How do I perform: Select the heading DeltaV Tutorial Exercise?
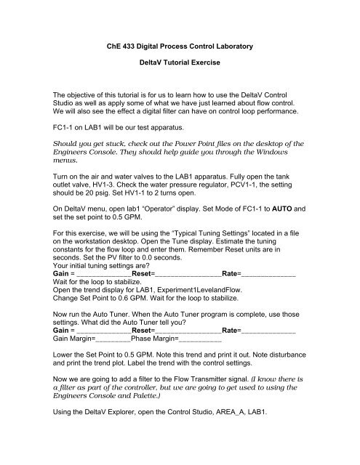179,75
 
